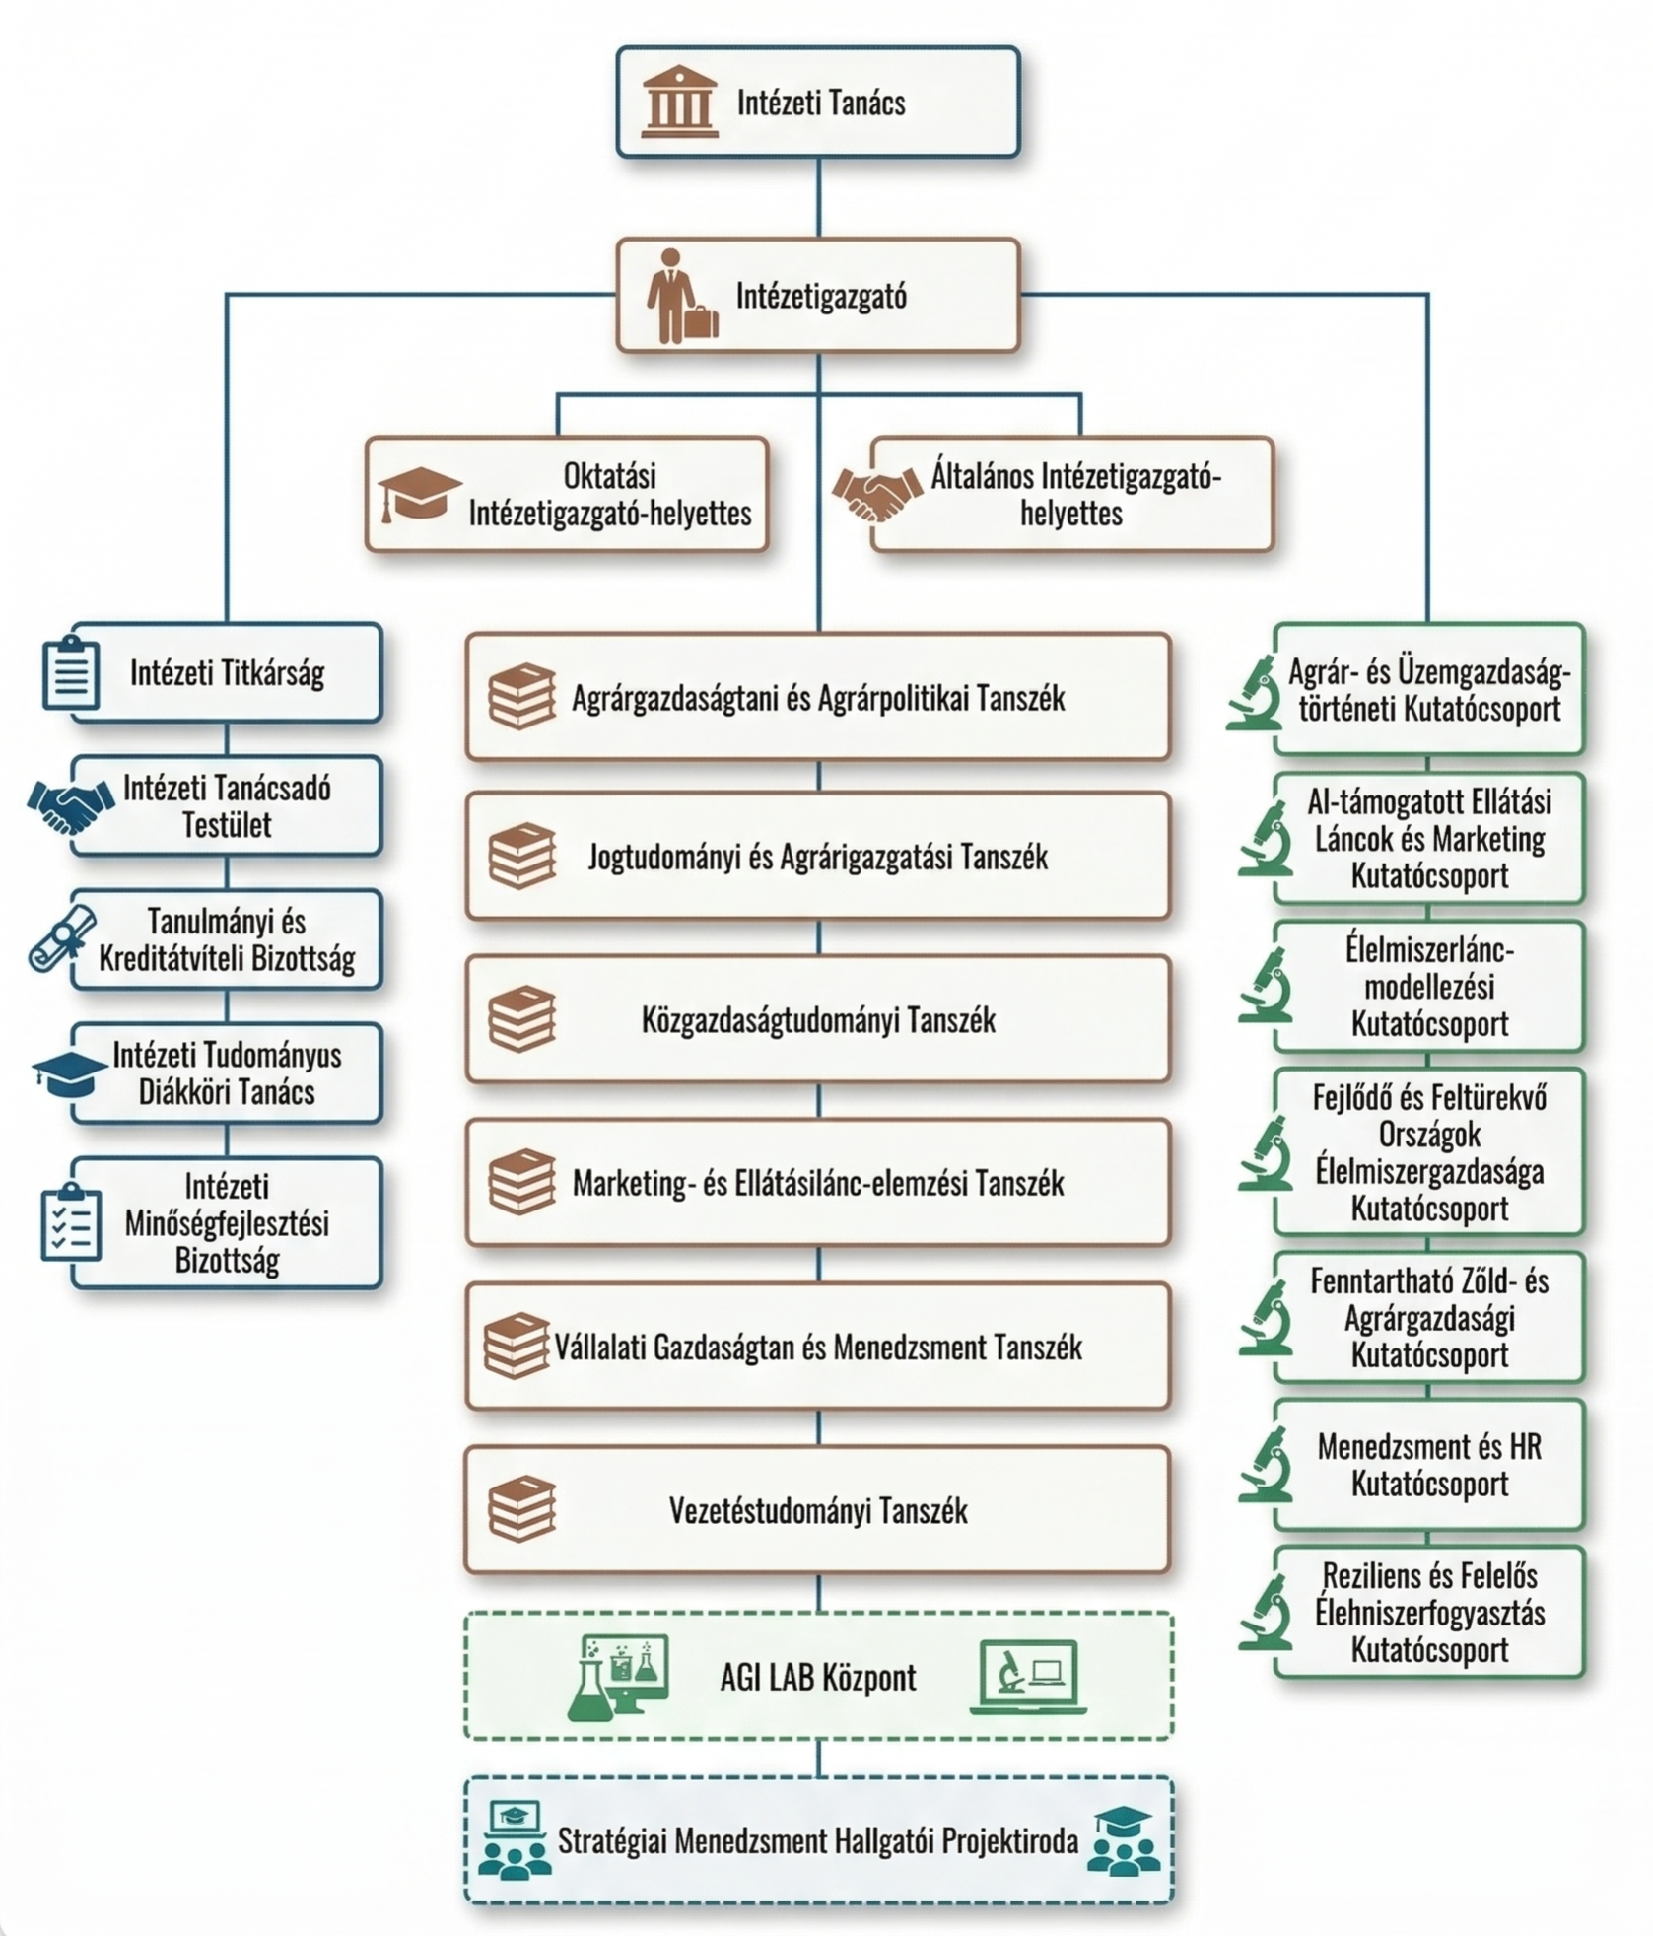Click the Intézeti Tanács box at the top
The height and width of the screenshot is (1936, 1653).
pos(818,102)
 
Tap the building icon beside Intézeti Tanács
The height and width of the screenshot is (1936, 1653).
pos(678,101)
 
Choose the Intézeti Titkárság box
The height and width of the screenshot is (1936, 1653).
pos(227,673)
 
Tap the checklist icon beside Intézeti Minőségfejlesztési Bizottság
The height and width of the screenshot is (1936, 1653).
pos(71,1223)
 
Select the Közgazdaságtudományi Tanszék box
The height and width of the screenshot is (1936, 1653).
pos(818,1019)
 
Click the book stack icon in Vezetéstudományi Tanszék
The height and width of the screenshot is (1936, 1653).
pos(521,1509)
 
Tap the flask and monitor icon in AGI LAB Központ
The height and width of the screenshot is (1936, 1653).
pos(620,1678)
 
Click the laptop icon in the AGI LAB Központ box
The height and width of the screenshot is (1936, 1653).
pos(1027,1678)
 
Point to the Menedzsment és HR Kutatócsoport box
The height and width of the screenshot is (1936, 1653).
pos(1428,1465)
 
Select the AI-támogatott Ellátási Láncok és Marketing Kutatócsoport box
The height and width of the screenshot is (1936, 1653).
pos(1428,839)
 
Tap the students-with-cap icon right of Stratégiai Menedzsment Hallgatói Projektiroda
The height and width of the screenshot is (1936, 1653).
pos(1123,1840)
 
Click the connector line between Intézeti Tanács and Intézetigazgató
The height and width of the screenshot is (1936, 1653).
pos(818,197)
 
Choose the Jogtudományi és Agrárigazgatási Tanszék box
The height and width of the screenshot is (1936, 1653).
pos(818,857)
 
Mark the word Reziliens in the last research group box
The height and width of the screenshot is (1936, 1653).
pos(1366,1575)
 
